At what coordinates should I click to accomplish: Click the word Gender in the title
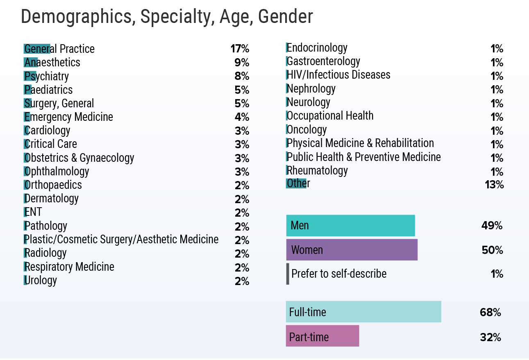(285, 17)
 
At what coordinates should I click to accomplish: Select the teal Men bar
(350, 226)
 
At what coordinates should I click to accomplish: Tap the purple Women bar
(352, 250)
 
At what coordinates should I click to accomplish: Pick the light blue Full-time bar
(363, 312)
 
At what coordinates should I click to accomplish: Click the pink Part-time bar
(322, 336)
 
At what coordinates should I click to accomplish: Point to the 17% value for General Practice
(240, 49)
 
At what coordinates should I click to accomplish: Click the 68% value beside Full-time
(490, 312)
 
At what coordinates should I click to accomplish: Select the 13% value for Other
(494, 185)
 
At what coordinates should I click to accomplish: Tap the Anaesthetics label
(52, 63)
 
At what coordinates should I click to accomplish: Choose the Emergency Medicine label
(69, 117)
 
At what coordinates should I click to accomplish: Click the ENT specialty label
(33, 212)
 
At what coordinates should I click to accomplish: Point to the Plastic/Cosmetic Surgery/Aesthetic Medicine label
(122, 239)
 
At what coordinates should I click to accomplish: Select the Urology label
(41, 281)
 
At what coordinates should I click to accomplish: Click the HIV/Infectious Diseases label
(338, 75)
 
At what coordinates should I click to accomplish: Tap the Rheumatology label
(317, 170)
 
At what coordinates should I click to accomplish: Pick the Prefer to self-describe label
(339, 274)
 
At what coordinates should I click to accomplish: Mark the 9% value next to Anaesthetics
(242, 63)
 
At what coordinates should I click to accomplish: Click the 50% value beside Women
(493, 250)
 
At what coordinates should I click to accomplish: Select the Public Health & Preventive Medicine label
(363, 157)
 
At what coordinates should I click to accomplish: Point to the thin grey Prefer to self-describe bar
(288, 274)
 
